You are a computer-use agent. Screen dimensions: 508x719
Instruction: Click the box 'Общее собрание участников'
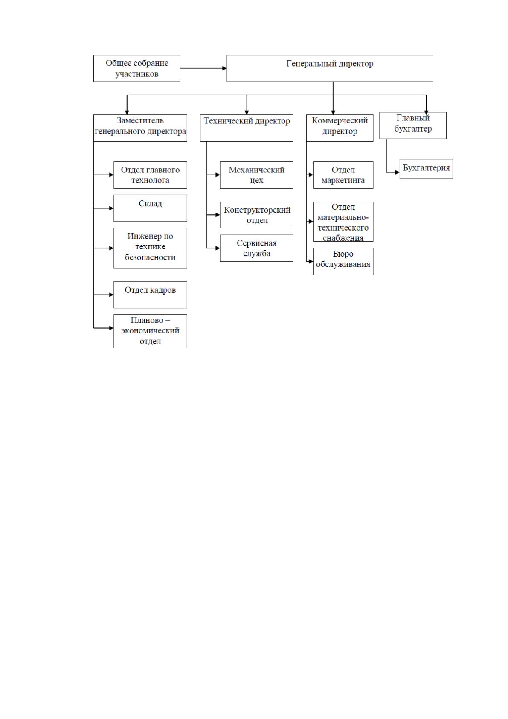pos(136,68)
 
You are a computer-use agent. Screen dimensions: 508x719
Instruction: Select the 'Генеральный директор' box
pos(330,68)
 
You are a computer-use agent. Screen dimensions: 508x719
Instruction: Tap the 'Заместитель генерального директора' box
pos(140,128)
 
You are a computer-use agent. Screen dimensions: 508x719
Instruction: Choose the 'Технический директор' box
pos(247,128)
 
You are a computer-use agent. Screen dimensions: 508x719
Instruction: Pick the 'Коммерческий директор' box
pos(340,128)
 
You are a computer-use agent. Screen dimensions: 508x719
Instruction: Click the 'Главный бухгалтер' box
pos(413,126)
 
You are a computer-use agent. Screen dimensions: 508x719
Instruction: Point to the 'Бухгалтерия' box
pos(426,169)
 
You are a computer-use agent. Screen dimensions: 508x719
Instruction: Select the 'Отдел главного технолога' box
pos(151,175)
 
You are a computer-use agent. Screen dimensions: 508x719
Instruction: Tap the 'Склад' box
pos(151,208)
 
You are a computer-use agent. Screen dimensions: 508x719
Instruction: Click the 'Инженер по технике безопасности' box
pos(151,248)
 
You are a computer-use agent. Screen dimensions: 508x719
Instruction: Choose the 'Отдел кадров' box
pos(151,295)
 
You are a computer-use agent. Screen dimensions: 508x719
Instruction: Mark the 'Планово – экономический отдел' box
pos(151,331)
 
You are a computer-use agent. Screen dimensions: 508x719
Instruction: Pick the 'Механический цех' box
pos(257,175)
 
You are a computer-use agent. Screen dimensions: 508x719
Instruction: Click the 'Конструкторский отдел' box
pos(257,215)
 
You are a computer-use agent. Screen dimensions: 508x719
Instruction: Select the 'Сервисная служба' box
pos(257,248)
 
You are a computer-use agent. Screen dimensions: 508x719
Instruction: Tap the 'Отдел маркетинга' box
pos(343,175)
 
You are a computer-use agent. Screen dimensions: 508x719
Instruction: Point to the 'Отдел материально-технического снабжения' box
pos(343,222)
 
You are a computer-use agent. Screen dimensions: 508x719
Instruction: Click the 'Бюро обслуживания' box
pos(343,262)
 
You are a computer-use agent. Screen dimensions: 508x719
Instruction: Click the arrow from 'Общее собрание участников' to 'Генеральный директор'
pos(203,68)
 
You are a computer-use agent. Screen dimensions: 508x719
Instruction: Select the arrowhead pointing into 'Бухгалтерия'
pos(398,172)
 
